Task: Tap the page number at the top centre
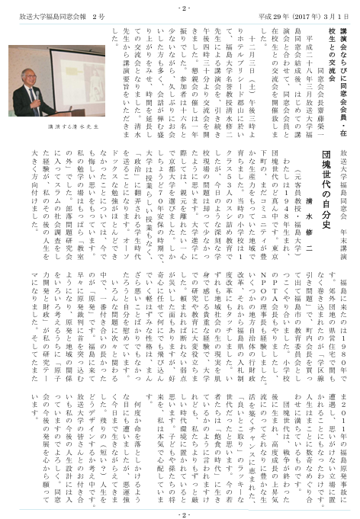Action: coord(180,6)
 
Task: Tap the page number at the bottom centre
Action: coord(180,512)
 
